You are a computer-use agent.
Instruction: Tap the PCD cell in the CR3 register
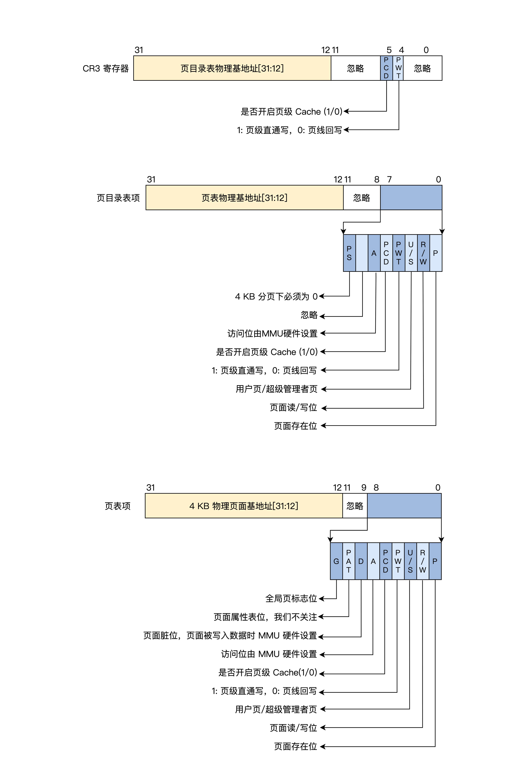(x=386, y=68)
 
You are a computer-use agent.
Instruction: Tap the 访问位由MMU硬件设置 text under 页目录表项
(x=272, y=333)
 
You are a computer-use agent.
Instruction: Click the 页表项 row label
(x=118, y=506)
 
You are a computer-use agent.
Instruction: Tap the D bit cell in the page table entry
(x=361, y=561)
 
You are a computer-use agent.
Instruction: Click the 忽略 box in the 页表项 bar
(x=355, y=506)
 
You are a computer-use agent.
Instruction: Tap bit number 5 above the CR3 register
(x=389, y=50)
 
